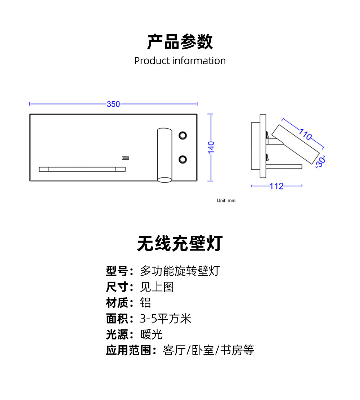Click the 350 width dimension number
click(x=113, y=104)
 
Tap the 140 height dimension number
click(x=211, y=148)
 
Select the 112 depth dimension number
click(x=276, y=186)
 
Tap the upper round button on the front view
click(x=183, y=135)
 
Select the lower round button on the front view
click(x=183, y=159)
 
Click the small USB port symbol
click(x=125, y=158)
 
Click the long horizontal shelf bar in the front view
click(x=82, y=169)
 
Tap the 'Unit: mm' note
click(x=226, y=200)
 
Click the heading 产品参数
click(x=180, y=42)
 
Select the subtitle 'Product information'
click(x=180, y=61)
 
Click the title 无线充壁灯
click(x=180, y=244)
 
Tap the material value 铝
click(x=145, y=303)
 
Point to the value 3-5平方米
click(x=165, y=319)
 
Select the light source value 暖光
click(x=151, y=334)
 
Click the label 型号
click(x=117, y=271)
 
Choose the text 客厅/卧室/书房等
click(x=208, y=350)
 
